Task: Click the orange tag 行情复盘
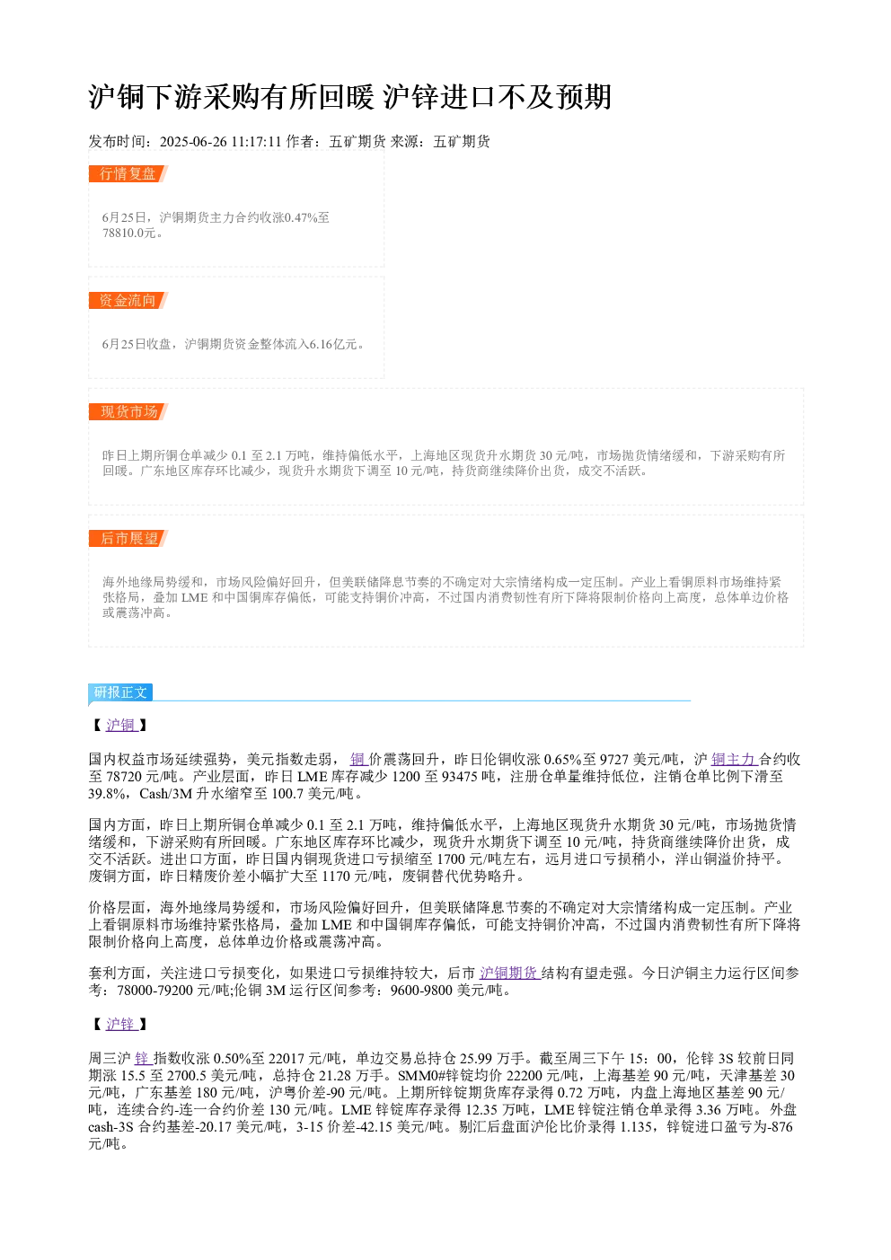[128, 174]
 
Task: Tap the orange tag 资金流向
[128, 300]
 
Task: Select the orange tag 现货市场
[128, 411]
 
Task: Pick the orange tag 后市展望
[128, 538]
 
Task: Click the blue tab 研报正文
[120, 692]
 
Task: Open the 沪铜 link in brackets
[121, 725]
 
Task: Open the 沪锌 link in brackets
[121, 1024]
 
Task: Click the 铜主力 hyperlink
[734, 760]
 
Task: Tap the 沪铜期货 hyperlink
[509, 973]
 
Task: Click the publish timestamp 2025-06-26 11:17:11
[220, 142]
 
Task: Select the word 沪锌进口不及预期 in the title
[498, 97]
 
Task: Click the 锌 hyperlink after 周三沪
[143, 1059]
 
